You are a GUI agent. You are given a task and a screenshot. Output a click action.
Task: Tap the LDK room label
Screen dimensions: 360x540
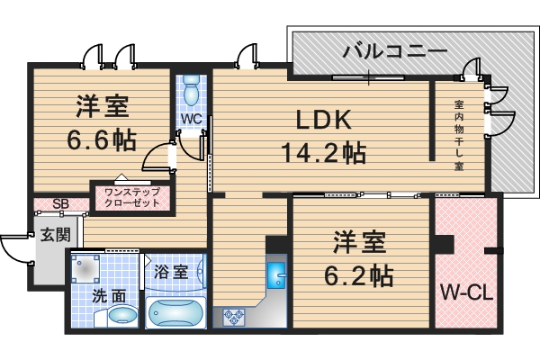coord(322,120)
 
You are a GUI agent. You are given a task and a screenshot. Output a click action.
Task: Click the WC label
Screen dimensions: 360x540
coord(190,119)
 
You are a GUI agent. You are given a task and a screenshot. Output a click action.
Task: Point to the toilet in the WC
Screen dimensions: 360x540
coord(191,91)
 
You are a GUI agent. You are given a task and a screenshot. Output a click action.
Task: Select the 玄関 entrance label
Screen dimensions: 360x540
coord(51,236)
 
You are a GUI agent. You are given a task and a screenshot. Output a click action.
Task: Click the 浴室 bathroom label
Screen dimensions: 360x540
coord(171,271)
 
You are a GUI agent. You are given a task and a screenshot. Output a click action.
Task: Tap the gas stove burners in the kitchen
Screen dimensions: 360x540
coord(235,317)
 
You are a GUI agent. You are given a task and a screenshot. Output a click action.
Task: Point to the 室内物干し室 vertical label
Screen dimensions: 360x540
coord(459,136)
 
